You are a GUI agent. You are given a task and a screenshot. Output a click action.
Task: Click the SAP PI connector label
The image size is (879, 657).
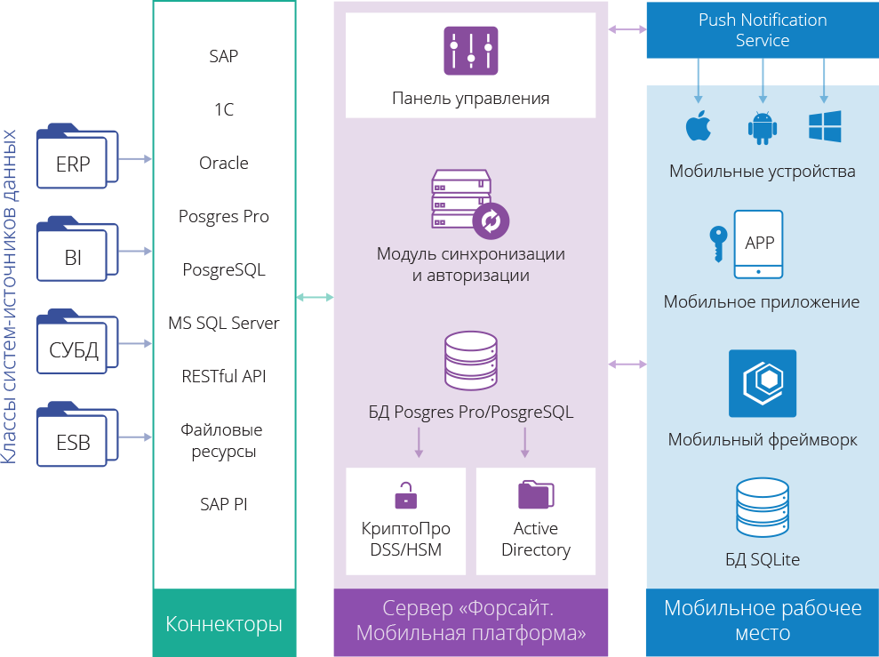[x=224, y=504]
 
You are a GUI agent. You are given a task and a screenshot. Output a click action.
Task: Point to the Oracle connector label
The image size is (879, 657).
[x=224, y=164]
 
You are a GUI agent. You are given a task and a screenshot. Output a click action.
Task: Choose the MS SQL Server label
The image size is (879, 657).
[x=224, y=324]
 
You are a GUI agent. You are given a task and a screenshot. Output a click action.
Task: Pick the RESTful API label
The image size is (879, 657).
[x=224, y=377]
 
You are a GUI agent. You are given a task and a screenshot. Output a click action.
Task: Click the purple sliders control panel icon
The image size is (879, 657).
[x=470, y=50]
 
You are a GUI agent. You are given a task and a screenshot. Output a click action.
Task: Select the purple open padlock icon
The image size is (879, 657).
[x=405, y=494]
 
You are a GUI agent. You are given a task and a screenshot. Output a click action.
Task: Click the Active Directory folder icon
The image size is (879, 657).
[x=536, y=494]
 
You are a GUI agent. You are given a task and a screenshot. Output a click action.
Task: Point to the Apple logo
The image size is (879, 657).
[x=699, y=126]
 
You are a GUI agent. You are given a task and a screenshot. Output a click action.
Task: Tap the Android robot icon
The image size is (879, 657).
[x=762, y=127]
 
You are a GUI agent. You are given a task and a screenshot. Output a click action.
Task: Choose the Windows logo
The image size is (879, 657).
[x=825, y=126]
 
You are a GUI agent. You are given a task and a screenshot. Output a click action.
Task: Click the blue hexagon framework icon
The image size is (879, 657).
[x=762, y=383]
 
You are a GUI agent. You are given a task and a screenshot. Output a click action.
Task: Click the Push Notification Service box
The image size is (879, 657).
[x=762, y=30]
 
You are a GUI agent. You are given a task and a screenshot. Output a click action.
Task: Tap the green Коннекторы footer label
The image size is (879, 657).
[x=224, y=624]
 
